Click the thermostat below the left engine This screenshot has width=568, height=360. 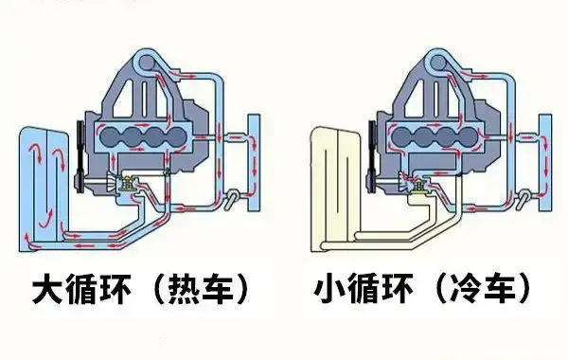click(124, 184)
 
